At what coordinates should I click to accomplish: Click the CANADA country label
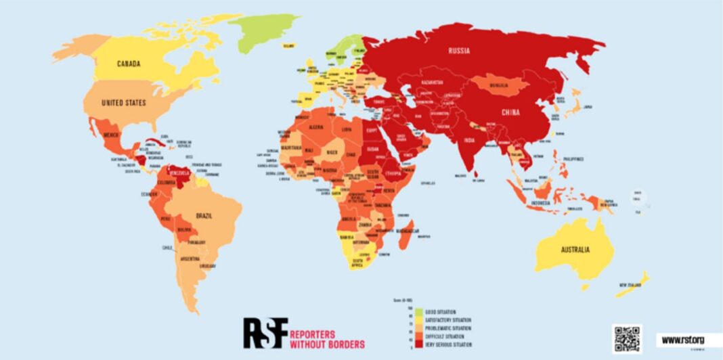(x=128, y=64)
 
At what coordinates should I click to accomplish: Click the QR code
(x=627, y=338)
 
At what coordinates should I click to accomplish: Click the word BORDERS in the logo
(x=343, y=344)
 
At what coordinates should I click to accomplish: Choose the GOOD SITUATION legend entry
(x=443, y=313)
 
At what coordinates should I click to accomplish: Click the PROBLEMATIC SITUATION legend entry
(x=448, y=329)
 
